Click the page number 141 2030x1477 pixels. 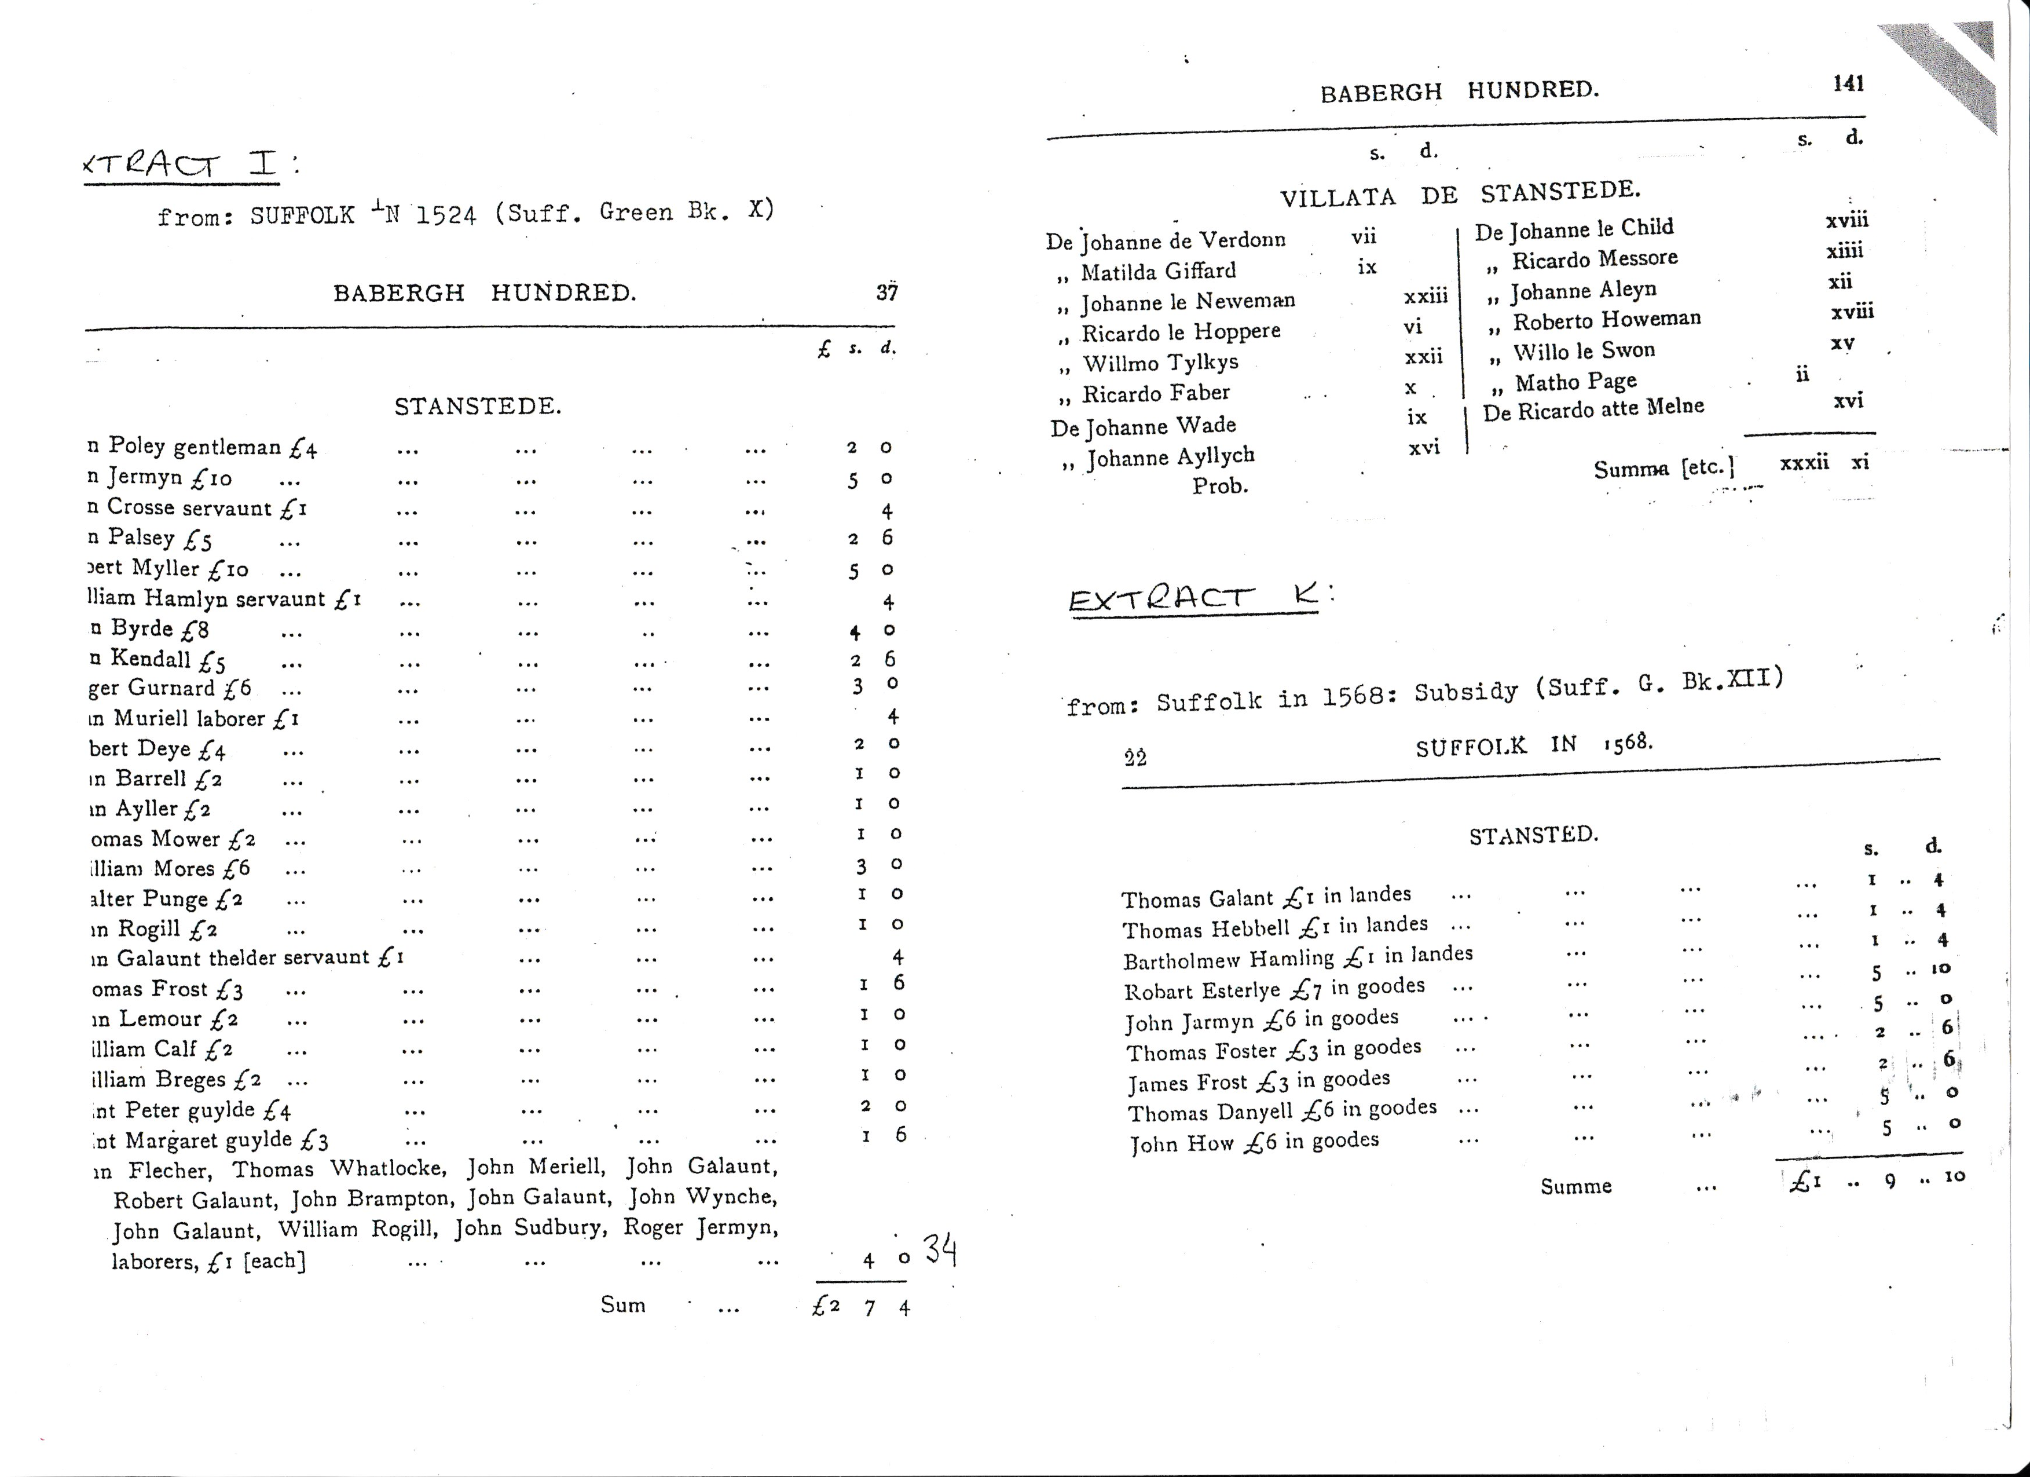point(1848,83)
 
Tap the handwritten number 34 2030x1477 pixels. point(940,1249)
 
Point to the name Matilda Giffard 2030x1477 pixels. point(1157,271)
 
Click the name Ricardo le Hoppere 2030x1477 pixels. point(1181,332)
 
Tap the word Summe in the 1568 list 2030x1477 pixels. point(1575,1186)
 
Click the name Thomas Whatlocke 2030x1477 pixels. point(338,1169)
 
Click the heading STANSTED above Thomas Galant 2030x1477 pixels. point(1533,835)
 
